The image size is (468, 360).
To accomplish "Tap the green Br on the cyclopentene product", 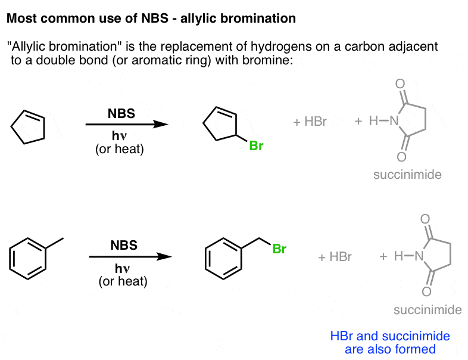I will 256,145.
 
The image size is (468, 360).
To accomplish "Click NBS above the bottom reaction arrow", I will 124,244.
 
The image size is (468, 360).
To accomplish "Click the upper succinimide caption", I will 407,175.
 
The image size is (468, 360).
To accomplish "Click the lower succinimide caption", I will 428,310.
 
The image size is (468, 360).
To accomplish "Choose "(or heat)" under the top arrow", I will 120,149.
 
